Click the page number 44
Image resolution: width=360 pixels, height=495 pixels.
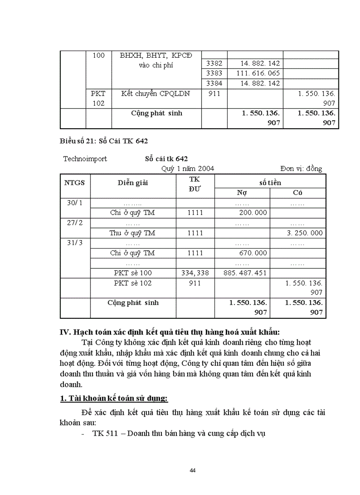192,470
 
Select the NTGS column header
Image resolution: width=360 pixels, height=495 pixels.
74,182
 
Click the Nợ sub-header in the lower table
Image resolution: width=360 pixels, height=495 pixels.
242,193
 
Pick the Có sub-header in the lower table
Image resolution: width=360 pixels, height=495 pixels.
297,193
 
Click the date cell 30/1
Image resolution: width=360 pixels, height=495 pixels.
74,203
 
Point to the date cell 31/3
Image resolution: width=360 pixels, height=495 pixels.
74,243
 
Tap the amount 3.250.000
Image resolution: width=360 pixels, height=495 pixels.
304,233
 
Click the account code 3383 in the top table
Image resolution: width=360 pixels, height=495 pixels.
214,73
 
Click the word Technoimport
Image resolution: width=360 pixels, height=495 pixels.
85,159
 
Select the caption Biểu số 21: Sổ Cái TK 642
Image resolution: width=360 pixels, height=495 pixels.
104,141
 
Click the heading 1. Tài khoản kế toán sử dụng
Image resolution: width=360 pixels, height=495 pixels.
114,398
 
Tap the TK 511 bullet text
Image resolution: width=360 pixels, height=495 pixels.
179,433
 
